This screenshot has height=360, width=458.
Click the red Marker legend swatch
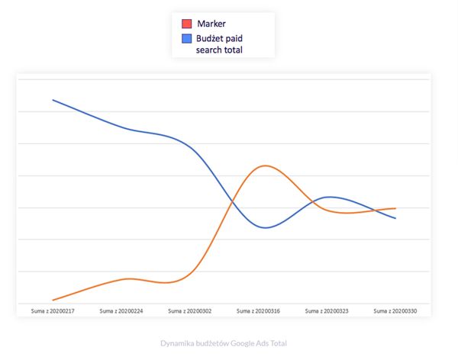point(186,24)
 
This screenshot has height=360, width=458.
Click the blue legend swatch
point(186,37)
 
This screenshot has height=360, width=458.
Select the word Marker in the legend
point(211,24)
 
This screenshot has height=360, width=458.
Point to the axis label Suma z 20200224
point(121,311)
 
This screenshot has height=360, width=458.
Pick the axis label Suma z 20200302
point(189,311)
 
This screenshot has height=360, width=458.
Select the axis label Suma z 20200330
point(395,311)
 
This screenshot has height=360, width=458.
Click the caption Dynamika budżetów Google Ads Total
point(224,343)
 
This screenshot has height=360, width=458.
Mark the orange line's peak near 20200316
point(264,166)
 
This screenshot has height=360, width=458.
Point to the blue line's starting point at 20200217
point(52,100)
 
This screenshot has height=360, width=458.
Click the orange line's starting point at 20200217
point(52,301)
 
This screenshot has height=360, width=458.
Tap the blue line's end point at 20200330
point(395,218)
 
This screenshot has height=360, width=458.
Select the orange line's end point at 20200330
point(395,208)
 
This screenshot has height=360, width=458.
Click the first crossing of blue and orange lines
point(232,203)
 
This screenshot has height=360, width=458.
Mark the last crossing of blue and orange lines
point(376,210)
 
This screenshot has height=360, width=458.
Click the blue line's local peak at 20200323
point(328,197)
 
